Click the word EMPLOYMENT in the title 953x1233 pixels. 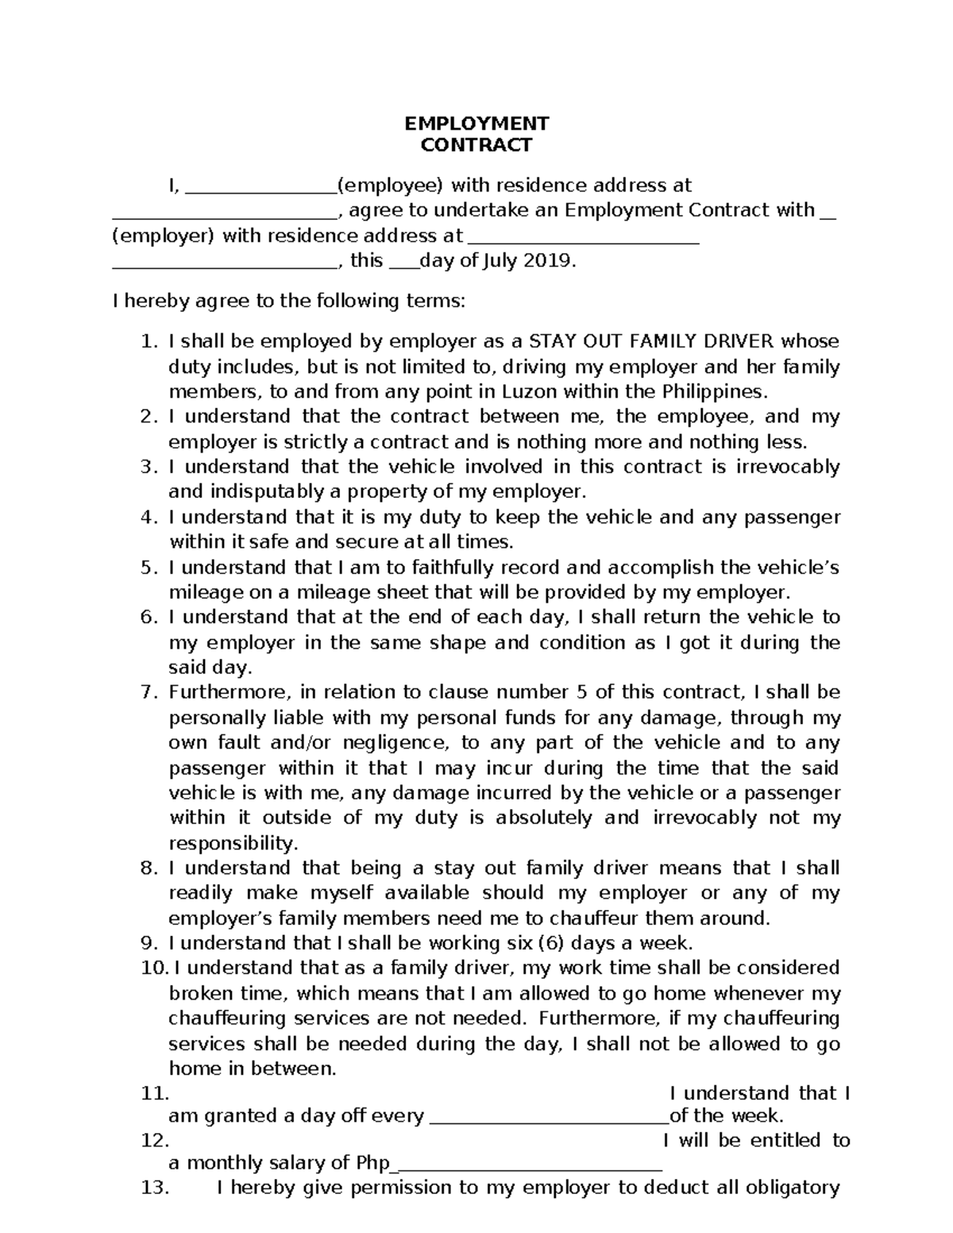(476, 124)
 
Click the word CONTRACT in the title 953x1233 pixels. (476, 145)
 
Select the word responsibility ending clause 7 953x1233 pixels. (233, 843)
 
